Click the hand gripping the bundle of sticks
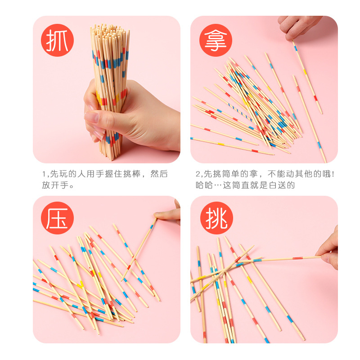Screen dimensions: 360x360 click(130, 119)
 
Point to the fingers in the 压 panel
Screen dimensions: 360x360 click(169, 215)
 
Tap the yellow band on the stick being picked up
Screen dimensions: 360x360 click(305, 71)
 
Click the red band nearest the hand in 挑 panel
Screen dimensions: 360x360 click(297, 258)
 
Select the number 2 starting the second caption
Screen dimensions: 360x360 click(198, 174)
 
